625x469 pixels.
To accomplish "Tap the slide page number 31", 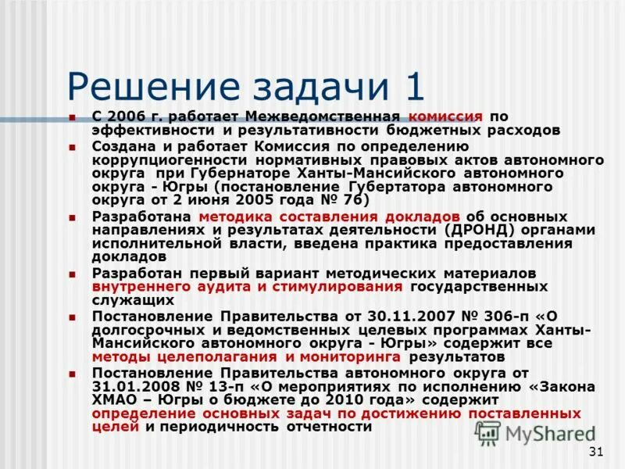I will (x=596, y=452).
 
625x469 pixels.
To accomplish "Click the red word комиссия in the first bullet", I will (x=445, y=116).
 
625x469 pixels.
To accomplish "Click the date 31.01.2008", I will (x=137, y=387).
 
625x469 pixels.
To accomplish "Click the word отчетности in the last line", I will (x=323, y=427).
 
